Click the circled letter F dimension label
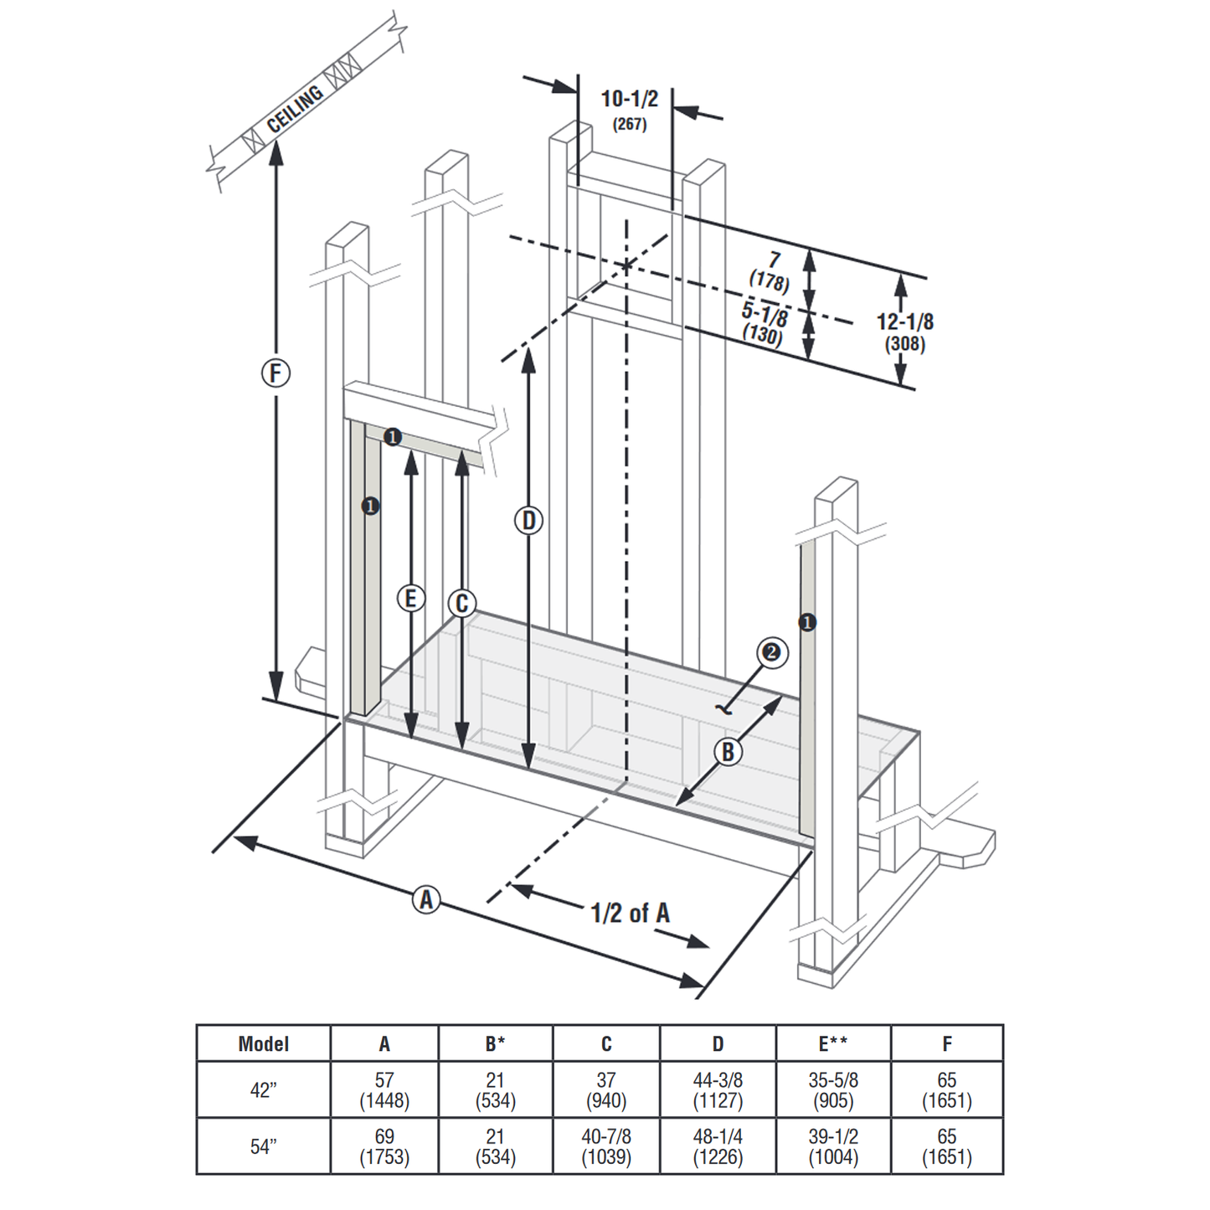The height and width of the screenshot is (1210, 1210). point(275,373)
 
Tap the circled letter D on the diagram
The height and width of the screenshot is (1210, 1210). point(528,521)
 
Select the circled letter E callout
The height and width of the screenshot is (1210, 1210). point(410,598)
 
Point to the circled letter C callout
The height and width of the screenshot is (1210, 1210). point(461,603)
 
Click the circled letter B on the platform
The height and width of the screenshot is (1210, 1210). point(728,752)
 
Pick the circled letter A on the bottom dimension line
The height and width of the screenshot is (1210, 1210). point(426,900)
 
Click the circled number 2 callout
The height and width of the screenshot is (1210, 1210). point(772,652)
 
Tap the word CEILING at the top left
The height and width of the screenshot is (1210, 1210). point(295,110)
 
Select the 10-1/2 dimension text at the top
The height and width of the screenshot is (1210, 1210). point(629,99)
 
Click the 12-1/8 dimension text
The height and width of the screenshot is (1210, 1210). point(904,322)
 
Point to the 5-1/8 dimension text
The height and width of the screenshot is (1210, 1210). point(765,314)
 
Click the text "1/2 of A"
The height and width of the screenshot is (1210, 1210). point(630,913)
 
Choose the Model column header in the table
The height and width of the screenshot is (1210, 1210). point(263,1043)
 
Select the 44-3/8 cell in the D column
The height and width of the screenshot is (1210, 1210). point(718,1089)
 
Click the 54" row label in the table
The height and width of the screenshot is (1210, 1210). point(263,1146)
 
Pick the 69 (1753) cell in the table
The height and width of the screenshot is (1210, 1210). point(384,1146)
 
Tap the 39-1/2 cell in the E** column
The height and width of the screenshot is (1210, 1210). point(833,1146)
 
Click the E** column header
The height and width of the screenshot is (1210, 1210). point(833,1043)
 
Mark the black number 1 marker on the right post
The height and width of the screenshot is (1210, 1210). point(807,622)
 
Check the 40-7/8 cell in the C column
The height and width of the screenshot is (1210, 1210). point(606,1146)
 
